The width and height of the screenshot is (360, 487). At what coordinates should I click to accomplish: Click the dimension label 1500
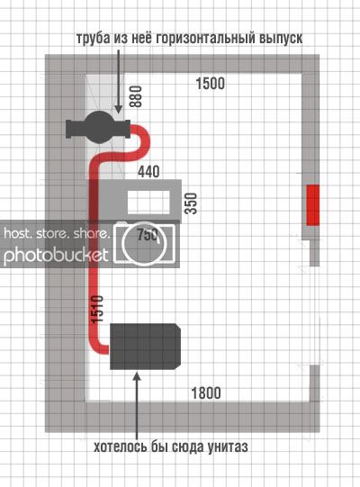click(211, 83)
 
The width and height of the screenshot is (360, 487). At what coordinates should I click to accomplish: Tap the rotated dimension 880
click(135, 96)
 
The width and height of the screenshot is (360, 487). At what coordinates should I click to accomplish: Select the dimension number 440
click(148, 171)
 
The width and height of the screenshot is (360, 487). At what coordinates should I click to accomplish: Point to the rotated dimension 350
click(191, 203)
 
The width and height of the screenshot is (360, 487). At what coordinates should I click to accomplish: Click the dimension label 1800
click(206, 392)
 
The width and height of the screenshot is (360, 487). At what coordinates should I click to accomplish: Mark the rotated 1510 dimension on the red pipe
click(96, 310)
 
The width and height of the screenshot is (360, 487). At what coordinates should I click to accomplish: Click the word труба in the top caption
click(94, 38)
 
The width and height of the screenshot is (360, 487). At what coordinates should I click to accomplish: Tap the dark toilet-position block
click(145, 347)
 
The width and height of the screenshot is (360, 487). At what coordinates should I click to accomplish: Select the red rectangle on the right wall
click(313, 205)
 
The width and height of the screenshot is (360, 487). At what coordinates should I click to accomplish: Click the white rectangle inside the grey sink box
click(148, 202)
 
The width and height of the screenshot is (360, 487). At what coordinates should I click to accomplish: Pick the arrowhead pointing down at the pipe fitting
click(118, 108)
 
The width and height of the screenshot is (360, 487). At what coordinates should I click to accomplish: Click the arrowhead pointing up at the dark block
click(137, 375)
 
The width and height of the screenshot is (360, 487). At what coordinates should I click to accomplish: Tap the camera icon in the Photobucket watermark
click(144, 243)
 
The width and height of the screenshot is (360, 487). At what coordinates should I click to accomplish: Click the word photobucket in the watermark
click(56, 256)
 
